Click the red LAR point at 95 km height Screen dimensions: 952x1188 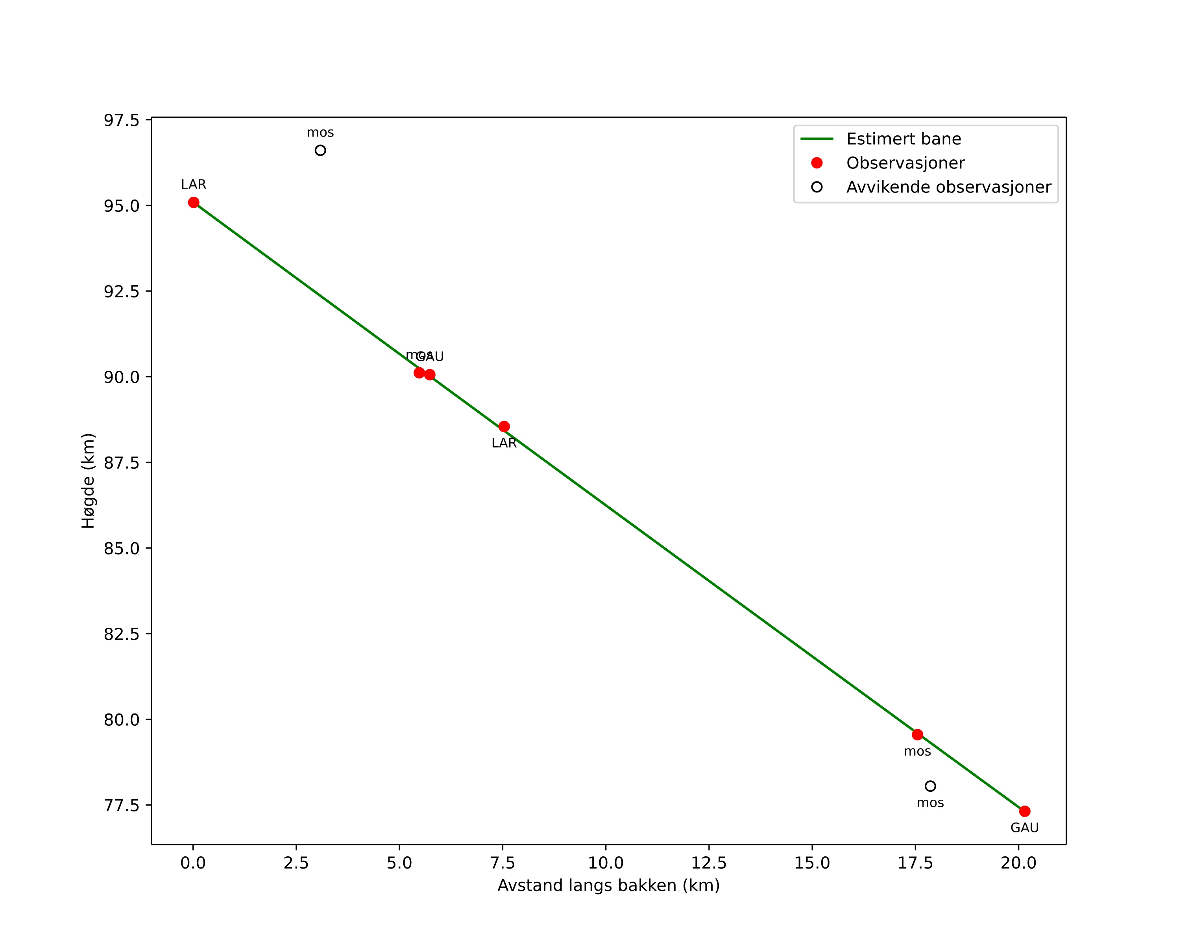(193, 203)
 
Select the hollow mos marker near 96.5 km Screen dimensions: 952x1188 (320, 150)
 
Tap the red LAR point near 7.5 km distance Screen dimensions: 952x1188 (504, 427)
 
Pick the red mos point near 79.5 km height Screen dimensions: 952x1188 (917, 734)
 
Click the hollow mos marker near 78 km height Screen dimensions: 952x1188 (930, 786)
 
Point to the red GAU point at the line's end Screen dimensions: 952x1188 (1024, 811)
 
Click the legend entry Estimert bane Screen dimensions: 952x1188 (903, 139)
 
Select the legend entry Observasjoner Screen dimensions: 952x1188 (905, 163)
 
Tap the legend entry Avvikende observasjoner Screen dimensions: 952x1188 (948, 187)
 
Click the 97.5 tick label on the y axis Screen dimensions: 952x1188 (121, 120)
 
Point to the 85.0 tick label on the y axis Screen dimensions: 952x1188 (121, 549)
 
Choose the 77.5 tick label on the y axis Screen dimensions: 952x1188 (121, 806)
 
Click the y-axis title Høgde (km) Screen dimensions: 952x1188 (88, 481)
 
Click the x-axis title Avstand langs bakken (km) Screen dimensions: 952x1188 (608, 885)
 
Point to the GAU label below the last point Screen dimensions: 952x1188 (1024, 828)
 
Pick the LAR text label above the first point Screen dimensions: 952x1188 (193, 185)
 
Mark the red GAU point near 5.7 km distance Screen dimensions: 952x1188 (430, 375)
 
